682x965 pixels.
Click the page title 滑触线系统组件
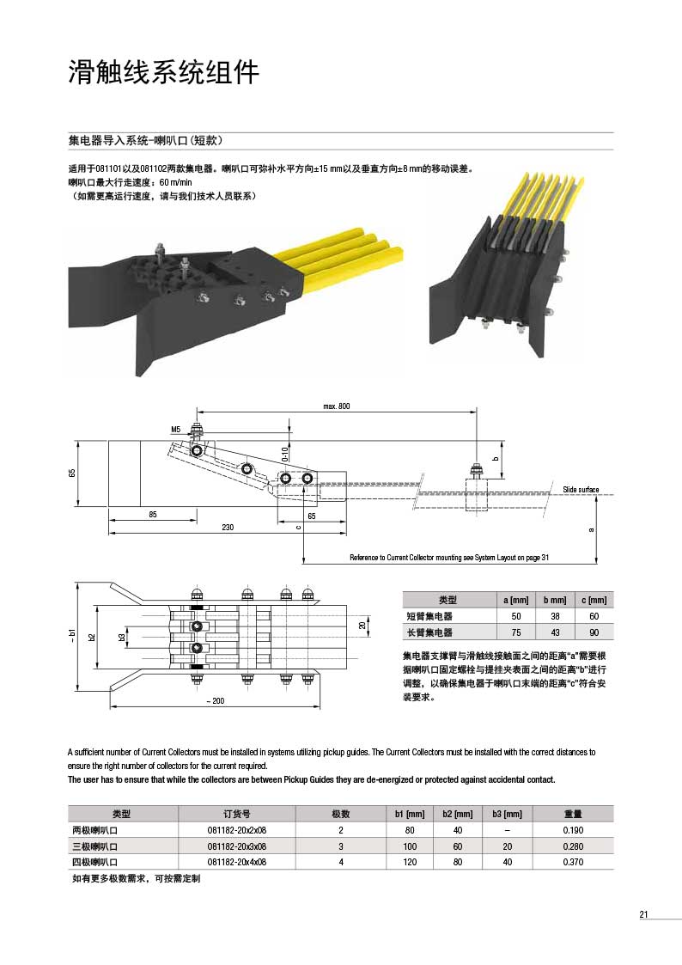click(163, 73)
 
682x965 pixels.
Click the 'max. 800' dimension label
click(337, 406)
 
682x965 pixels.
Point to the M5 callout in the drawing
click(175, 429)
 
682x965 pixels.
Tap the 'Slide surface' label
click(581, 489)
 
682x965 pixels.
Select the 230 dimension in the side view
click(227, 527)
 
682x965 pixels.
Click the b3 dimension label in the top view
click(121, 638)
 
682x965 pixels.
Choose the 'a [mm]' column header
click(516, 600)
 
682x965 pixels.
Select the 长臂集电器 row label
click(429, 632)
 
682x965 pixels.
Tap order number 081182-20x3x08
click(237, 846)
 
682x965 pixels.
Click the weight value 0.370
click(573, 861)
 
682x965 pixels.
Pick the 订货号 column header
click(237, 814)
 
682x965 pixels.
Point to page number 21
click(643, 914)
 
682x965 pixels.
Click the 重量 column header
click(573, 814)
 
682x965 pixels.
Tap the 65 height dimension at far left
click(73, 473)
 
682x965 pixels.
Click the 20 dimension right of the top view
click(362, 626)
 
